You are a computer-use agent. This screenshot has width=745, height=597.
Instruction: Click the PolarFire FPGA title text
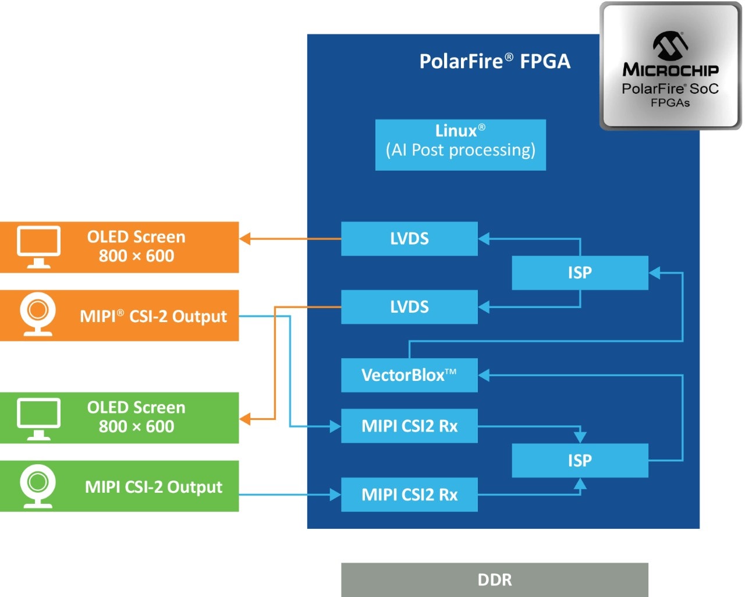(x=495, y=61)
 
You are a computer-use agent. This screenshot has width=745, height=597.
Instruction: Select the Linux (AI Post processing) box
(x=460, y=144)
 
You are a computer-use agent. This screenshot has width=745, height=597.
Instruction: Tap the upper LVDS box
(x=409, y=238)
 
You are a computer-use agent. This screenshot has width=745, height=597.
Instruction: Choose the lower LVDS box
(x=409, y=306)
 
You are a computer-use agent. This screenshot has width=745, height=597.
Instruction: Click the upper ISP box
(x=580, y=273)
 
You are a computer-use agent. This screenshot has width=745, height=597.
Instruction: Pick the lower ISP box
(x=580, y=460)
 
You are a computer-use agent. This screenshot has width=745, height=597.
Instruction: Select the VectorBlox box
(x=409, y=375)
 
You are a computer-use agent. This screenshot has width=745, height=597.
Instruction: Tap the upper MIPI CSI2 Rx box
(x=409, y=426)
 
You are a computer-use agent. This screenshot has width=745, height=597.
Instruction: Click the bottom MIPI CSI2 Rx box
(x=409, y=494)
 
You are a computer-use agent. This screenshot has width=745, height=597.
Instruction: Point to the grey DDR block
(x=495, y=580)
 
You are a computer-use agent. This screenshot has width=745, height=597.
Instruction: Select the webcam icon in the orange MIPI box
(x=38, y=315)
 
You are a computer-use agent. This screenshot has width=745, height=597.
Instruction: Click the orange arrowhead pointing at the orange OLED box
(x=245, y=238)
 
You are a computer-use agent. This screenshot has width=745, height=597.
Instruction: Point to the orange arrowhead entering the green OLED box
(x=245, y=419)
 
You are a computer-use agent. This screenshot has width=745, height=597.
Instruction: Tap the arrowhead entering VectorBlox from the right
(x=484, y=376)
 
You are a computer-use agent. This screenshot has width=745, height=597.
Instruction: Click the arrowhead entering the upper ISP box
(x=654, y=273)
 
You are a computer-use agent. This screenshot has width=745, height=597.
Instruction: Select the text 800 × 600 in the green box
(x=136, y=426)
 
